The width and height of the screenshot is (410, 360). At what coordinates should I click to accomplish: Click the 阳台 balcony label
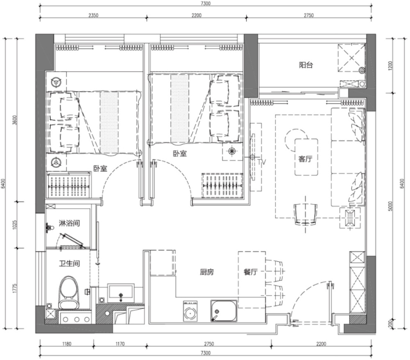306,65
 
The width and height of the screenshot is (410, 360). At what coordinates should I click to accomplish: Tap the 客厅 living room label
305,158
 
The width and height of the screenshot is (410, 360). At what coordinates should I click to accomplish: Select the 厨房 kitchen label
207,272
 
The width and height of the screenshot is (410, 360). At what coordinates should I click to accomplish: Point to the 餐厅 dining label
251,272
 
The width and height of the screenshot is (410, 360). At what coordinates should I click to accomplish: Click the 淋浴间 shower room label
69,223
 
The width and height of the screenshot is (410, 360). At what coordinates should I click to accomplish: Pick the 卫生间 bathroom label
69,263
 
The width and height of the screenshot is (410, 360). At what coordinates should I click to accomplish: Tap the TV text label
262,162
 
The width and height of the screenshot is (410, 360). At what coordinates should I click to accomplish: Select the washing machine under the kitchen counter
190,311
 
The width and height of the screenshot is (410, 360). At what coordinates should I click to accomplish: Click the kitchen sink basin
224,310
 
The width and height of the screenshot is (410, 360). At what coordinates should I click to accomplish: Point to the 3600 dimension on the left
15,120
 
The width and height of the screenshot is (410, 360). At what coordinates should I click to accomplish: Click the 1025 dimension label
15,225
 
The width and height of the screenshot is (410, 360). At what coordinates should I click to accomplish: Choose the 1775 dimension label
15,288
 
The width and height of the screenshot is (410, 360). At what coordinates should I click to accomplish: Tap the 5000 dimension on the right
390,206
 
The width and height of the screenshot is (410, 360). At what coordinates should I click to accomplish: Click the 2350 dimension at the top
93,15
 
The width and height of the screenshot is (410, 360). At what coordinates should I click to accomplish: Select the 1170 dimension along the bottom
120,344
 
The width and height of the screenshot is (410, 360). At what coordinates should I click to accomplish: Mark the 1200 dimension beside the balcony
390,66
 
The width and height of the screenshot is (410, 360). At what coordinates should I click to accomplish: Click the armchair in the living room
305,213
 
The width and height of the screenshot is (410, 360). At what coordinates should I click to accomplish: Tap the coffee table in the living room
306,157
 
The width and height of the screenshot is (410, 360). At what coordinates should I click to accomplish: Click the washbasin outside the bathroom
121,294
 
